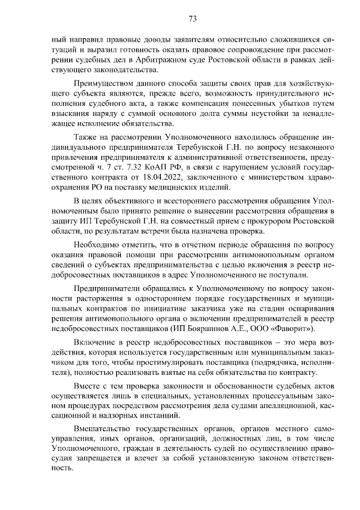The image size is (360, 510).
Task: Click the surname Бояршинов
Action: coord(231,328)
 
